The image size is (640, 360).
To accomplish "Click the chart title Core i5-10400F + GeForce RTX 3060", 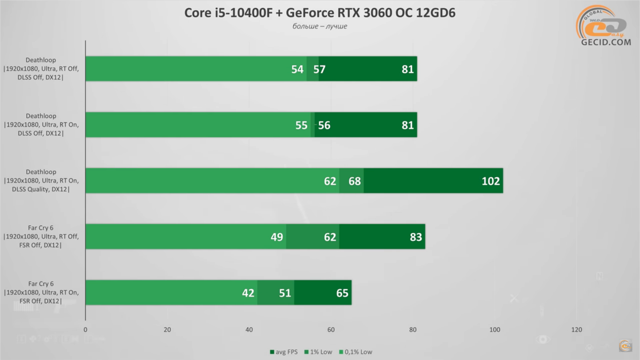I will click(320, 13).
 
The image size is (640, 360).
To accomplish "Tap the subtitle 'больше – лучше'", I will click(320, 26).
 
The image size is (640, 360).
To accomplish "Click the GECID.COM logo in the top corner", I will click(605, 27).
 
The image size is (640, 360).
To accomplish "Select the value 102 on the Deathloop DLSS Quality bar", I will click(490, 181).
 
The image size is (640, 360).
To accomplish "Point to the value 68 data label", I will click(354, 181).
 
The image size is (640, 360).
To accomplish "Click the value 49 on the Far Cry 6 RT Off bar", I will click(277, 237).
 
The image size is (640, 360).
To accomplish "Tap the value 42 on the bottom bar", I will click(248, 293).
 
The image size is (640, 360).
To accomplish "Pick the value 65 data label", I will click(342, 293).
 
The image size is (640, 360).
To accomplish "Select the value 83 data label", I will click(416, 237).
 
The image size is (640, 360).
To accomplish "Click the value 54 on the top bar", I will click(297, 69).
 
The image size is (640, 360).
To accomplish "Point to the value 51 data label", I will click(285, 293).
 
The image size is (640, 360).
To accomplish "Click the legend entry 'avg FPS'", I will click(284, 352).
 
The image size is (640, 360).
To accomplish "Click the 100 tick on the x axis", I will click(495, 330).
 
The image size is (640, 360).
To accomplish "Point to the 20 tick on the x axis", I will click(167, 330).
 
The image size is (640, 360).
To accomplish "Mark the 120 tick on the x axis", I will click(576, 330).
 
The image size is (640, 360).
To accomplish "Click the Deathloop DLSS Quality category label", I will click(41, 181).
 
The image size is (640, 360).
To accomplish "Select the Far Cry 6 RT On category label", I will click(41, 292).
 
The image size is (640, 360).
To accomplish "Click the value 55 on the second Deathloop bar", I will click(301, 125).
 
